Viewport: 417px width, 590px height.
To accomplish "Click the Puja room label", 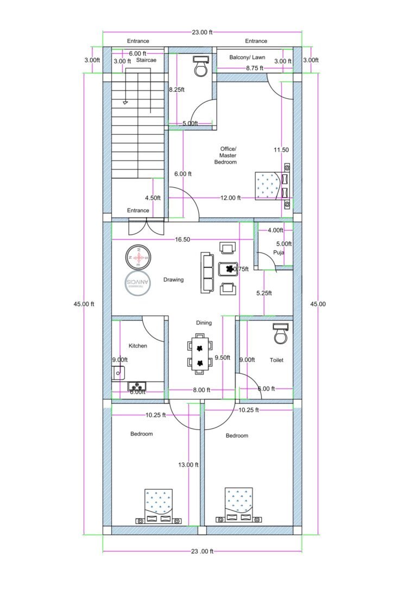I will click(279, 252).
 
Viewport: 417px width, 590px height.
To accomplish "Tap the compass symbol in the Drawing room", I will click(138, 257).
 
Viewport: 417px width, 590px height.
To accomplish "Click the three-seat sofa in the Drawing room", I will click(207, 272).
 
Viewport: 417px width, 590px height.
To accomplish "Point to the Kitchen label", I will click(138, 346).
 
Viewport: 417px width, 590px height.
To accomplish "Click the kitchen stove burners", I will click(136, 386).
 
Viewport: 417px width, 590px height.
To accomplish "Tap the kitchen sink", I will click(118, 372).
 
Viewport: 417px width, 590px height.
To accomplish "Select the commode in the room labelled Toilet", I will click(280, 334).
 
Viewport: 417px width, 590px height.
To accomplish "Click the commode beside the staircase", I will click(200, 66).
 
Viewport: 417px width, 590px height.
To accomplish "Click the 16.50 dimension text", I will click(182, 239).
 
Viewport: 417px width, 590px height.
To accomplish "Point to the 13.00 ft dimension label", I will click(189, 465).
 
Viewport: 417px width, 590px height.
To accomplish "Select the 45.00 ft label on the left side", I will click(84, 304).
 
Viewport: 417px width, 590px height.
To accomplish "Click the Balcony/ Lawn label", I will click(247, 57).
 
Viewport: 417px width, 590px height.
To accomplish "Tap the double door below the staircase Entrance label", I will click(146, 226).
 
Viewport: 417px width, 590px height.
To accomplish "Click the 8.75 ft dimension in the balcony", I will click(254, 68).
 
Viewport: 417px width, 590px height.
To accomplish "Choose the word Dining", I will click(204, 323).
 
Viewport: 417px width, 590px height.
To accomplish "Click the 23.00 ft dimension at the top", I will click(203, 32).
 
